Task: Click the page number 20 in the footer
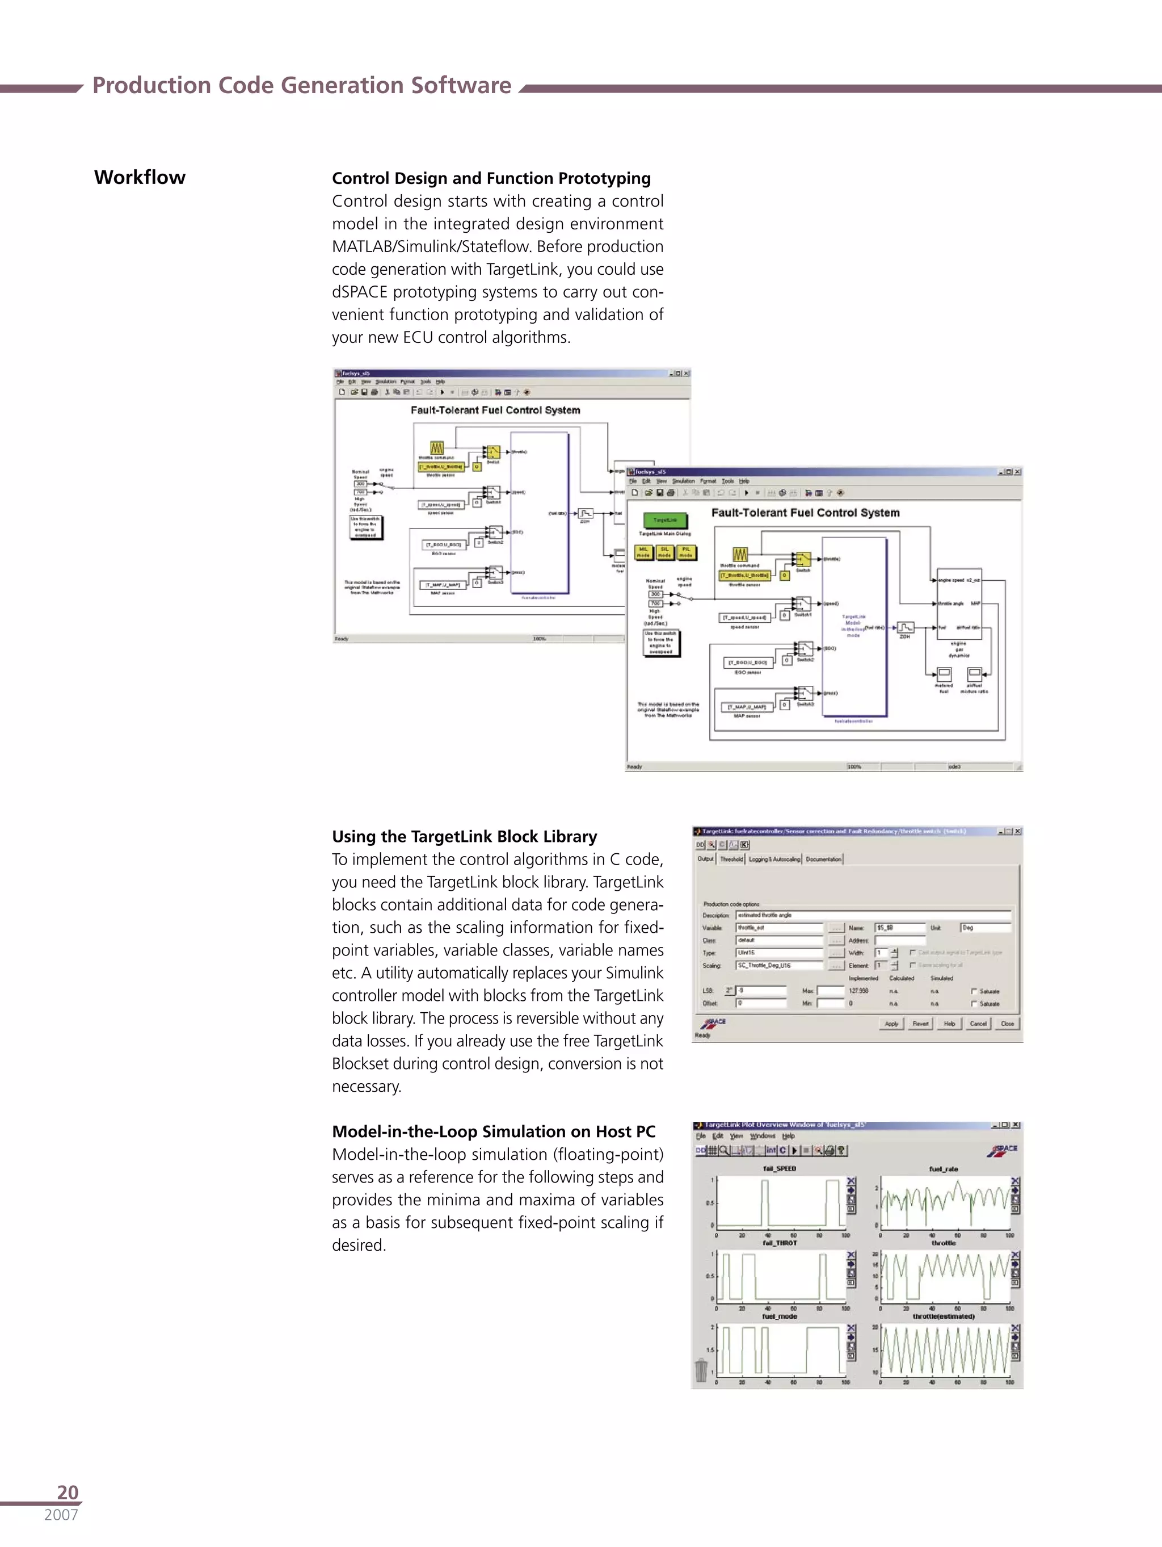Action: click(68, 1492)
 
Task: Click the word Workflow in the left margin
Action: click(140, 178)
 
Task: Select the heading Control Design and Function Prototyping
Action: click(491, 178)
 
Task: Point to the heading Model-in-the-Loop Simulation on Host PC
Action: click(494, 1131)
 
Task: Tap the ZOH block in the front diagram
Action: click(906, 627)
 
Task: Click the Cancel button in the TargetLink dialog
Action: click(978, 1023)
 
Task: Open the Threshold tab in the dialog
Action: click(731, 860)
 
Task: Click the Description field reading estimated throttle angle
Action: click(873, 915)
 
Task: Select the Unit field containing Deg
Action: click(985, 928)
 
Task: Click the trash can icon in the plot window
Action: click(701, 1370)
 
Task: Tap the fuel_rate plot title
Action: click(943, 1169)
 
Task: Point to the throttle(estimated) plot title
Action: click(943, 1316)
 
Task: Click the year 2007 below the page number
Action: click(61, 1515)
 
